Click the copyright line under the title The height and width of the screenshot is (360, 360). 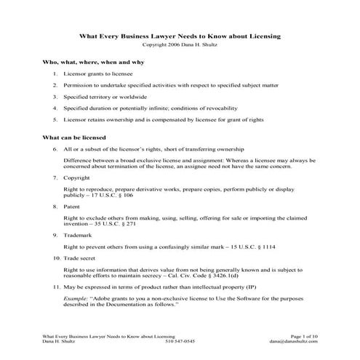pos(180,44)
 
